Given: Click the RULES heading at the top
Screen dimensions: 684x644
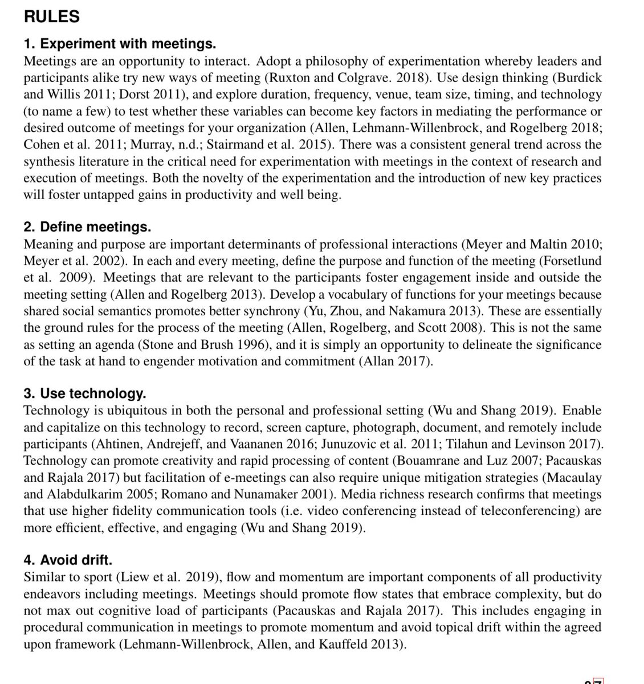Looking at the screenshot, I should pos(51,17).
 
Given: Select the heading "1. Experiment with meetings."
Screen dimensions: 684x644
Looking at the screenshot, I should pos(120,44).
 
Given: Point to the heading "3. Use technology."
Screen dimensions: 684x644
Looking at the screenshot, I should pos(85,394).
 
